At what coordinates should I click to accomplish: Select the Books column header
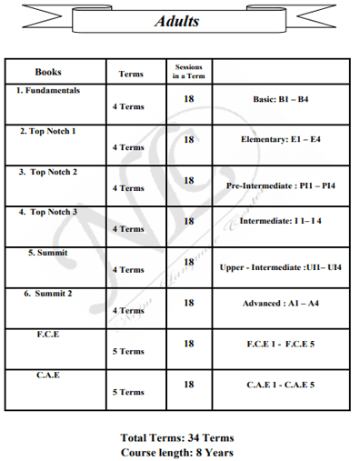(x=48, y=72)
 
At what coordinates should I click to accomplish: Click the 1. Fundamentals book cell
(x=48, y=91)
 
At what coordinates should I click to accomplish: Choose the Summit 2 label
(x=48, y=293)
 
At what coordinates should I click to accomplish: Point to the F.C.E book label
(x=48, y=334)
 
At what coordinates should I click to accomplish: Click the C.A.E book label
(x=48, y=375)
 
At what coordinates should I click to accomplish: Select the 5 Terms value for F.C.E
(x=128, y=351)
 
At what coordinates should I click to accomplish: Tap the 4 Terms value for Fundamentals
(x=128, y=106)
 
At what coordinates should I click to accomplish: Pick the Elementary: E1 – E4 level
(x=281, y=140)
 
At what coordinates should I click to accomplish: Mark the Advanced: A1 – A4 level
(x=281, y=303)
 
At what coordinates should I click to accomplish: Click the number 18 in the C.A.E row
(x=188, y=384)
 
